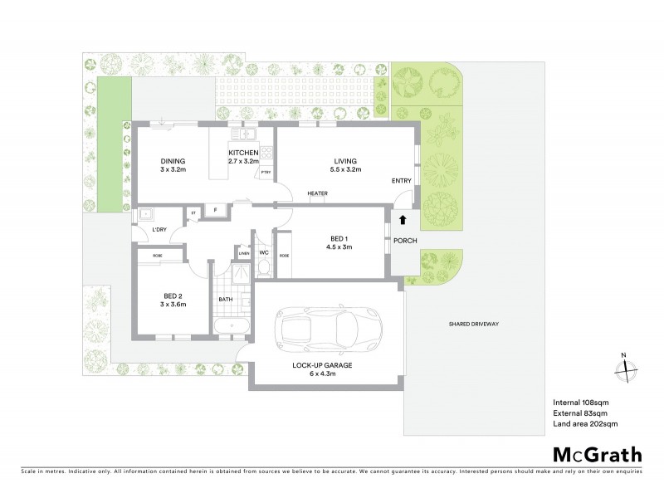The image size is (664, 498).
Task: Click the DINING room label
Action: tap(173, 161)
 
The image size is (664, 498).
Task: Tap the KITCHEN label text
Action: tap(244, 153)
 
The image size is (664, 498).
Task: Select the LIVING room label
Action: tap(345, 161)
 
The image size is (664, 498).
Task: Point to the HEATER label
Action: tap(317, 194)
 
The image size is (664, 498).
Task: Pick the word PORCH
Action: tap(406, 241)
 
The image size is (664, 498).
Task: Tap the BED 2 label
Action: tap(173, 295)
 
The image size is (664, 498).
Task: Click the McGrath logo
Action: tap(597, 454)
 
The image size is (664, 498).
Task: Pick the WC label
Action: tap(264, 252)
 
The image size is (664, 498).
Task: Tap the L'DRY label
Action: tap(159, 230)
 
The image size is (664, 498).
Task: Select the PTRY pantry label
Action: tap(266, 173)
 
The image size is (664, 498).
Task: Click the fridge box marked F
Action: tap(217, 211)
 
